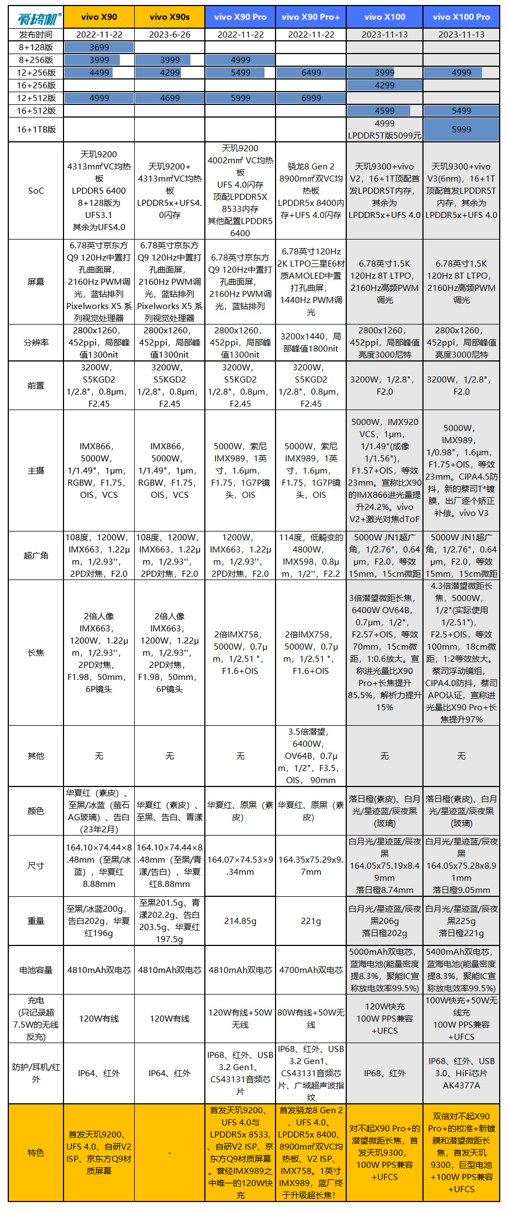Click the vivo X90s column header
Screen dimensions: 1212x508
(x=170, y=17)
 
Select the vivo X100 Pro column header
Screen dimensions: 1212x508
(x=461, y=17)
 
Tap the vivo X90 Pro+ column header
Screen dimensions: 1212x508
(x=311, y=17)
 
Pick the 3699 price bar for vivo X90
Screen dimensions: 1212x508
(x=99, y=47)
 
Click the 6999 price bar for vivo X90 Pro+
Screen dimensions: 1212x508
(x=311, y=98)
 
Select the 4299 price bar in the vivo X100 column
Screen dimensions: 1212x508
(x=385, y=86)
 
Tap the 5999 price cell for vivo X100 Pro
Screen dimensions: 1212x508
(x=461, y=129)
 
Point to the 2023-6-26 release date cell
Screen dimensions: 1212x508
(x=170, y=34)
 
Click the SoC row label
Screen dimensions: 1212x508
(x=36, y=191)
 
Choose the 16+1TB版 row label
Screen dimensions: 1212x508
(x=36, y=130)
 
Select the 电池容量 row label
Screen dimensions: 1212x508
(x=36, y=970)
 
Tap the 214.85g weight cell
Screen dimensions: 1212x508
(x=240, y=921)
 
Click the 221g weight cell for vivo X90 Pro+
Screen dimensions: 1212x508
(x=311, y=921)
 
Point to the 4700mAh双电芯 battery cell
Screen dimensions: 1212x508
(x=311, y=970)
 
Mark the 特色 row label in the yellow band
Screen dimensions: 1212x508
(x=36, y=1152)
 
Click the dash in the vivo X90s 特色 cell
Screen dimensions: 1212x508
(x=170, y=1152)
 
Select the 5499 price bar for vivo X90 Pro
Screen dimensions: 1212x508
(x=240, y=73)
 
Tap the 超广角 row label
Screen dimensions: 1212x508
(x=36, y=555)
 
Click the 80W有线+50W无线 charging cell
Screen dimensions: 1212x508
(x=311, y=1018)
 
